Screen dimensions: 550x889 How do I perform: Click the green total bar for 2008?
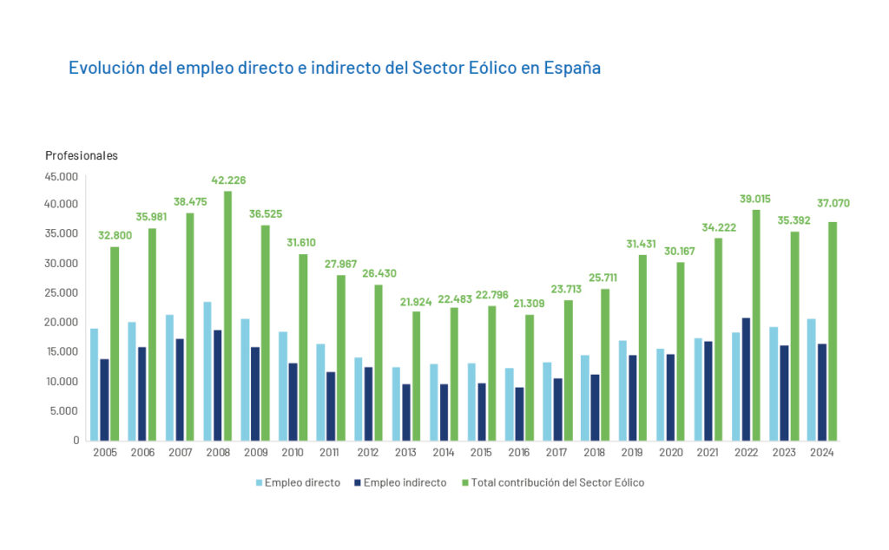pyautogui.click(x=227, y=316)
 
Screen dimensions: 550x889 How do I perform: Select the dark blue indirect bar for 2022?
pyautogui.click(x=747, y=379)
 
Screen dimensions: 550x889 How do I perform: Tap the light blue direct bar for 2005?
pyautogui.click(x=94, y=384)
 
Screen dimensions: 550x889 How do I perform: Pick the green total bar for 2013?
pyautogui.click(x=416, y=376)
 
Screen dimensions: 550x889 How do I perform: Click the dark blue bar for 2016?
pyautogui.click(x=519, y=414)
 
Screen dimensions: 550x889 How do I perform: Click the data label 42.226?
pyautogui.click(x=228, y=180)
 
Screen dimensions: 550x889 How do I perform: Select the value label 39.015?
pyautogui.click(x=756, y=199)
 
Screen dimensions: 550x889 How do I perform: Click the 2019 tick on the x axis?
pyautogui.click(x=632, y=453)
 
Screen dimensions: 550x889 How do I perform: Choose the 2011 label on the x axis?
pyautogui.click(x=330, y=453)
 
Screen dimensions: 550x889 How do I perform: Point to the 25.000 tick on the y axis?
pyautogui.click(x=63, y=293)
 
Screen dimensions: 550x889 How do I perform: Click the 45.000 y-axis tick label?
pyautogui.click(x=63, y=176)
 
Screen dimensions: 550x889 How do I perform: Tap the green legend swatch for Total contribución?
pyautogui.click(x=464, y=482)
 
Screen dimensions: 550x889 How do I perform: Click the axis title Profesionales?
pyautogui.click(x=82, y=156)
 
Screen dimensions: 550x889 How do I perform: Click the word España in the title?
pyautogui.click(x=572, y=68)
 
